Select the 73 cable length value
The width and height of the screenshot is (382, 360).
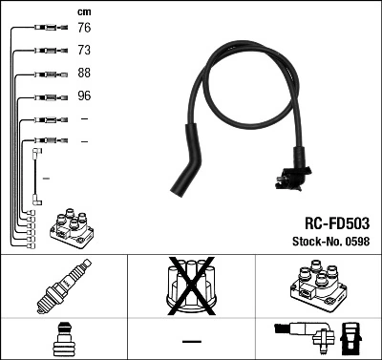83,52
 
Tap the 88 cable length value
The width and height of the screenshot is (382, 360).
83,74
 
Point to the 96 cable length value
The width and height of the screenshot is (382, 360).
83,96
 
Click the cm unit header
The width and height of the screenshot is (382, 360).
83,11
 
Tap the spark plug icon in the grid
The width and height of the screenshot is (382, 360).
63,287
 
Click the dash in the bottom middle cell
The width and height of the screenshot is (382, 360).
191,341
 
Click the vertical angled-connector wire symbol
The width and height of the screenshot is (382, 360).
36,172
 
